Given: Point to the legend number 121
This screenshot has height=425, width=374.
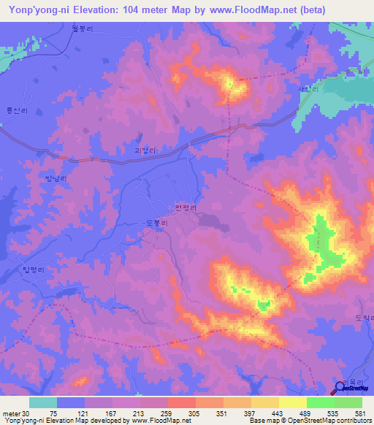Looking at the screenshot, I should point(91,413).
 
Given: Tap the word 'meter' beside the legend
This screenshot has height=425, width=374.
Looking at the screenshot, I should point(10,413).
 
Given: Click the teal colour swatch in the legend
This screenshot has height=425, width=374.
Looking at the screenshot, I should point(43,402).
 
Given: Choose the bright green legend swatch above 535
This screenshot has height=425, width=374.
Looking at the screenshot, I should point(321,402).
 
